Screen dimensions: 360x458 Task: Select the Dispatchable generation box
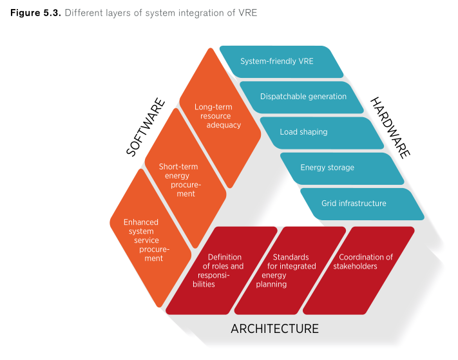pos(303,97)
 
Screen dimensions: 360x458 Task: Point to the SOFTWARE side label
pos(146,128)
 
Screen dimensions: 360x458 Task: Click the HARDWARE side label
pos(390,128)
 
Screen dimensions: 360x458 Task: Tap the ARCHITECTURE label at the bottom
pos(274,328)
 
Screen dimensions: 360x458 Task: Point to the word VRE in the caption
pos(247,13)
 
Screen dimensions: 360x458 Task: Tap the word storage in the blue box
pos(341,167)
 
